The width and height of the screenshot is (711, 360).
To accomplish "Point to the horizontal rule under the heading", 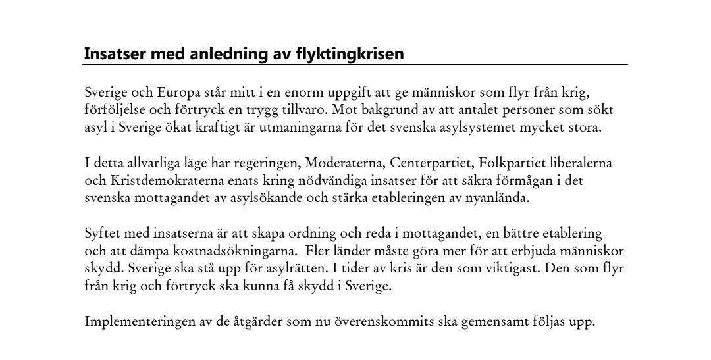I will (x=355, y=65).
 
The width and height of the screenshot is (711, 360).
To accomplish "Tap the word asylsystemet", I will (x=472, y=127).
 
